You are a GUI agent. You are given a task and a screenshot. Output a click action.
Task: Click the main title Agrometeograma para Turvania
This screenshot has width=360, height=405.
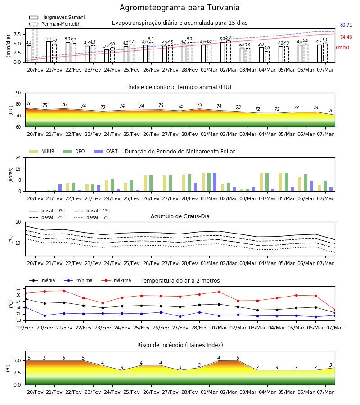coord(180,8)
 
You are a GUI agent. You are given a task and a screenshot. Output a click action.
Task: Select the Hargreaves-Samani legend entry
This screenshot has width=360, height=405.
coord(57,17)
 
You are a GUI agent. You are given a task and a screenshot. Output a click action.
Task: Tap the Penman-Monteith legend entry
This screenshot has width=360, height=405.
coord(55,24)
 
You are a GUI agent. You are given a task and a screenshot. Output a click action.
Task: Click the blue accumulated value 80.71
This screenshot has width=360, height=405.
coord(346,25)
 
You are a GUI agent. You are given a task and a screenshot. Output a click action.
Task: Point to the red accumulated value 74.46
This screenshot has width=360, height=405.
coord(346,37)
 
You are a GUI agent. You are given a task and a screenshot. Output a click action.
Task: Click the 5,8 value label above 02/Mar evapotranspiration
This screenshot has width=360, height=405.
coord(228,37)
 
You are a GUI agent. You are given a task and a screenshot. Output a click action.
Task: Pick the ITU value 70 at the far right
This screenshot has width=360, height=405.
coord(331,111)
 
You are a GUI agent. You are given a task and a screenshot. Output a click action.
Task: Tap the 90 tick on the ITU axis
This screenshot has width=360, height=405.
coord(18,93)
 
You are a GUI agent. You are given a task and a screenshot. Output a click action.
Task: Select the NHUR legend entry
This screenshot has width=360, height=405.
coord(42,151)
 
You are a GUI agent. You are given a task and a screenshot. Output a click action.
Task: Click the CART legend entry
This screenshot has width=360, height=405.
coord(106,151)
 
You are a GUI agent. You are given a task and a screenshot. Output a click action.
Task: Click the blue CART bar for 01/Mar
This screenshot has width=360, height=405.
coord(215,182)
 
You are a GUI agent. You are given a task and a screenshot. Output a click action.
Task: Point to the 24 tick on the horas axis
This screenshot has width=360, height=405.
coord(18,157)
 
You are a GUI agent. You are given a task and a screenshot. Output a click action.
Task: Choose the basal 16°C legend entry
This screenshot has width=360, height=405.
coord(92,217)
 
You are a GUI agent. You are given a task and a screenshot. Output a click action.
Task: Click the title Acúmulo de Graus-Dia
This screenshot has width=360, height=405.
coord(180,216)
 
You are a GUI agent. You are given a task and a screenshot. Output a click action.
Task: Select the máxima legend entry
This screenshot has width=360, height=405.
coord(117,280)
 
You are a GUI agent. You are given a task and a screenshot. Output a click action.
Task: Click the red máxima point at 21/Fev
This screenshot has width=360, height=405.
coord(64,291)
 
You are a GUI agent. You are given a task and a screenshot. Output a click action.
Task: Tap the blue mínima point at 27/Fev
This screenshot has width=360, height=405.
coord(180,316)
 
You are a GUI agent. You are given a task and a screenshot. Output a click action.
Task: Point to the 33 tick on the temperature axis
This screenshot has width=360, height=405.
coord(18,288)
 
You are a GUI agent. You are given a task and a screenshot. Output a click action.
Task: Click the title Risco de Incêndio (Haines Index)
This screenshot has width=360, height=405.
coord(180,345)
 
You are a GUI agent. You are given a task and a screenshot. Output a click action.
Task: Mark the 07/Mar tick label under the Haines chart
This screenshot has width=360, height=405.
coord(325,392)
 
